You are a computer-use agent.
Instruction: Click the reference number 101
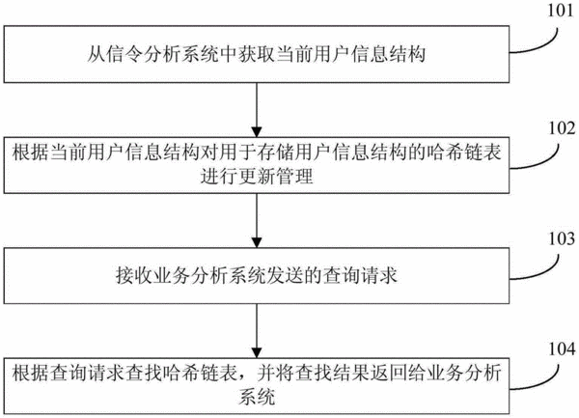[x=561, y=11]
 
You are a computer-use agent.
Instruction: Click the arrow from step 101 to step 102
[x=257, y=110]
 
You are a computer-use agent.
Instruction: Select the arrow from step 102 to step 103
[x=257, y=220]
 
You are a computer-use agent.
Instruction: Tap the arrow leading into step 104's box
[x=257, y=330]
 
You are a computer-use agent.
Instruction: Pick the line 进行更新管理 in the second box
[x=257, y=176]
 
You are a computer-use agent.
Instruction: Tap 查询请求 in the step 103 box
[x=360, y=275]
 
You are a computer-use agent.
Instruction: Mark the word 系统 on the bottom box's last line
[x=257, y=397]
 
